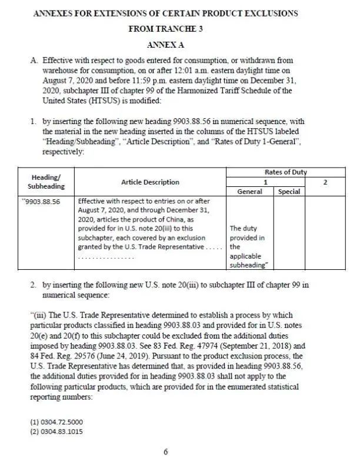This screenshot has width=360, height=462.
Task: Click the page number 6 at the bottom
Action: tap(166, 451)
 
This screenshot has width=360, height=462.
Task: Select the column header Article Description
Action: tap(150, 182)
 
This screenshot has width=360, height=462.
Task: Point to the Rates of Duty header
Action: tap(286, 172)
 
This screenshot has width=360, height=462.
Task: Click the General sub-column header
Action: tap(249, 192)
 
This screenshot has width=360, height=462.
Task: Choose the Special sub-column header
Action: tap(289, 192)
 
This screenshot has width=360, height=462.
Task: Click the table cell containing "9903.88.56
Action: tap(43, 200)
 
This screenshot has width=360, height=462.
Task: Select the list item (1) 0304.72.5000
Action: tap(56, 422)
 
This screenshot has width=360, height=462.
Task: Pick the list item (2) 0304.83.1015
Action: tap(56, 432)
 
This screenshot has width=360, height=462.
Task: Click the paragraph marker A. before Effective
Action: tap(34, 61)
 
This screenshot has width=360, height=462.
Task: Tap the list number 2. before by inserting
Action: tap(34, 285)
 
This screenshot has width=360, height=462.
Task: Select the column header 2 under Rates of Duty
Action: tap(325, 182)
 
